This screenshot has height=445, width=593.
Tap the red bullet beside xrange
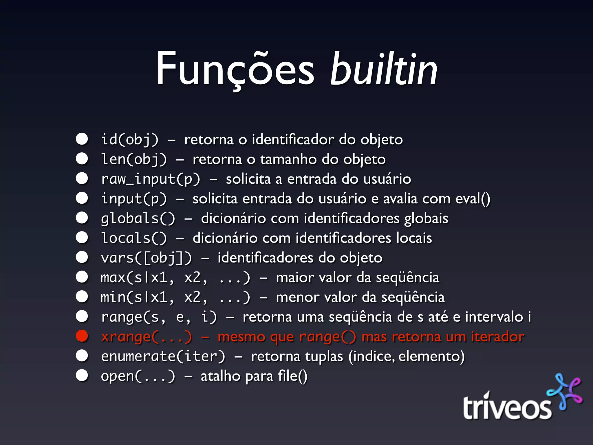[x=82, y=336]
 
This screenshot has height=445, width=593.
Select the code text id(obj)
[x=130, y=140]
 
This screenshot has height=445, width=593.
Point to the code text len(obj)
[x=134, y=159]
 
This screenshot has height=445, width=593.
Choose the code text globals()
[x=138, y=218]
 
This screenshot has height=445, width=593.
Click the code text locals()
[x=134, y=238]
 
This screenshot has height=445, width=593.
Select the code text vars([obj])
[x=147, y=258]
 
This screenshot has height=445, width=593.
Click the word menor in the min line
[x=297, y=297]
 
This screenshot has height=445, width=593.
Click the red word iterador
[x=497, y=337]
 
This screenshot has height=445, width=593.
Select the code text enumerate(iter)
[x=163, y=356]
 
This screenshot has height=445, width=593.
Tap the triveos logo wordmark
[x=507, y=407]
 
